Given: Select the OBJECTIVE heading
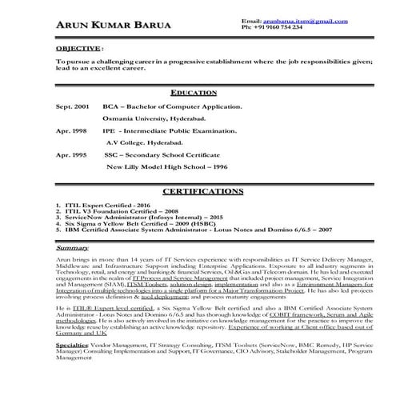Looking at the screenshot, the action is click(78, 48).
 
